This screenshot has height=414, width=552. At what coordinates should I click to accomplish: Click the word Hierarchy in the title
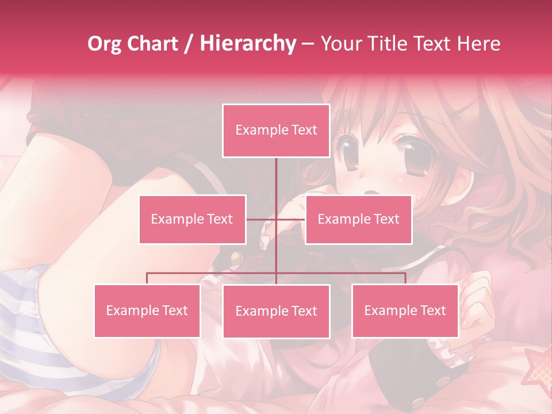[x=248, y=44]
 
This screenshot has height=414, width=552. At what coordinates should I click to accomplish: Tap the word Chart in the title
[x=154, y=44]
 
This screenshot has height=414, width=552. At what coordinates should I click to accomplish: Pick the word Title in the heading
[x=389, y=44]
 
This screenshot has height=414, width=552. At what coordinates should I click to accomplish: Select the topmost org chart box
[x=276, y=131]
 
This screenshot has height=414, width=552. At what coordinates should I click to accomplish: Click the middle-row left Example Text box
[x=192, y=219]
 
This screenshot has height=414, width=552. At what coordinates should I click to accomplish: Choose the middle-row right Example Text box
[x=358, y=219]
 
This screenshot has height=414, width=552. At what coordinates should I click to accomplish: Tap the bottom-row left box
[x=147, y=310]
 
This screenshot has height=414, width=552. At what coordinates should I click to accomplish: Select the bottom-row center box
[x=276, y=311]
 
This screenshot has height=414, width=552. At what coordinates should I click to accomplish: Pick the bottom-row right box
[x=405, y=310]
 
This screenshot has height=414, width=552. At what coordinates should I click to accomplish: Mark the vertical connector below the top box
[x=276, y=178]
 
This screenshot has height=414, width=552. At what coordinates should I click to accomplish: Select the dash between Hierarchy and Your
[x=308, y=44]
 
